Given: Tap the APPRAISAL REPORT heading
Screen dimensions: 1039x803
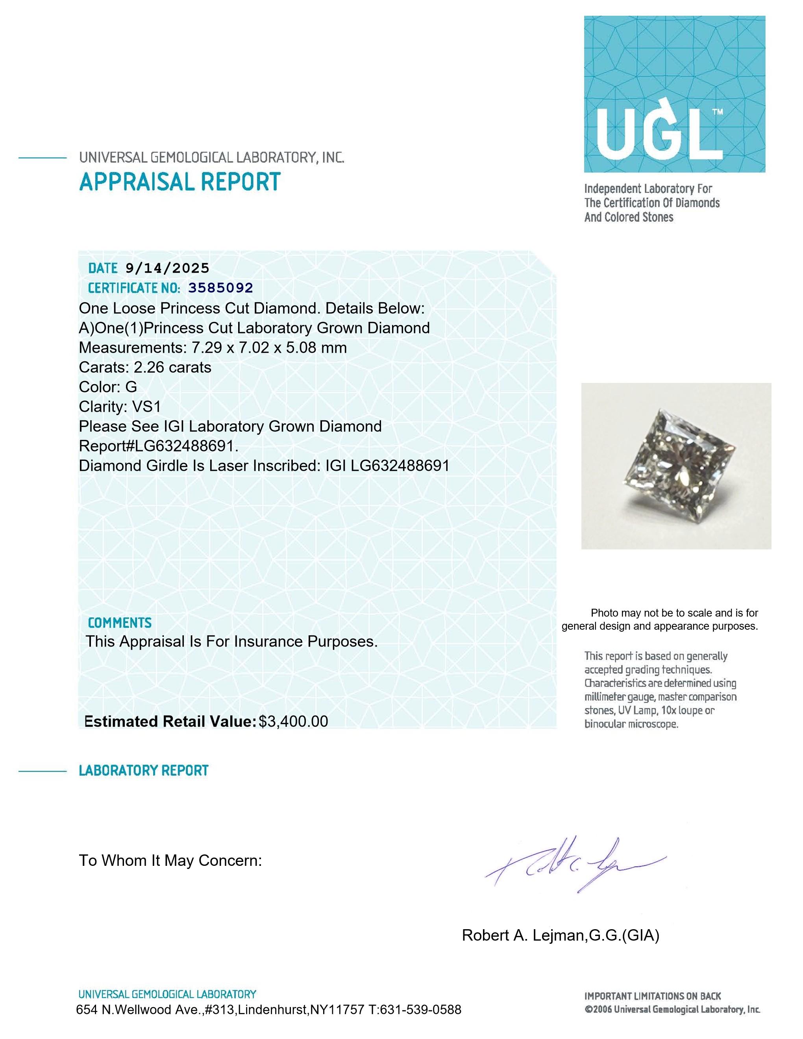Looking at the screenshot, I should pos(180,182).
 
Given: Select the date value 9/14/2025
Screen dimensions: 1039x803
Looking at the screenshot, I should pos(167,268).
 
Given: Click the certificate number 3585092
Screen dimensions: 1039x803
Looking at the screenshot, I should pos(221,288).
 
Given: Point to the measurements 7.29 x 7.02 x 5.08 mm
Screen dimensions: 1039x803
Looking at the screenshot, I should pos(269,348).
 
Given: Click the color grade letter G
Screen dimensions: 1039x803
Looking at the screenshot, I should pos(131,387).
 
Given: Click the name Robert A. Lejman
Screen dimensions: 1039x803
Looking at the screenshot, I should pos(523,936).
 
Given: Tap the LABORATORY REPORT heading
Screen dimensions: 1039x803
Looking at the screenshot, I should pos(144,771).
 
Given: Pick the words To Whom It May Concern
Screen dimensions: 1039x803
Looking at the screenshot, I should pos(170,861).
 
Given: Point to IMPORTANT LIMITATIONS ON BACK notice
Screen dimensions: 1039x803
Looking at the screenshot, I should pos(653,996).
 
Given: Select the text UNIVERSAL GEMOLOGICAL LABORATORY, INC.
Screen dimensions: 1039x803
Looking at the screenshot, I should pos(212,157).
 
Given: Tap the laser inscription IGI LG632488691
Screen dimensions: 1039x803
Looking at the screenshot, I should pos(387,466).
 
